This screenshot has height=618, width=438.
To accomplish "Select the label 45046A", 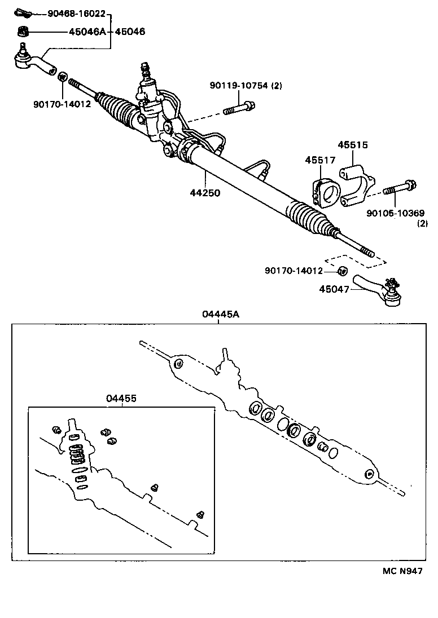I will [87, 32].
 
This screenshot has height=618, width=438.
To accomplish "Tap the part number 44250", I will [205, 192].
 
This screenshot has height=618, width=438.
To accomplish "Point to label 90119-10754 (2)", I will [245, 86].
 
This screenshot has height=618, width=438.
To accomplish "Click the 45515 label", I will [353, 145].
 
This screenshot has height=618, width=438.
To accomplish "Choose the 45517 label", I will [320, 161].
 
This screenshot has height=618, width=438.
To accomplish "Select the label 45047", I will [334, 289].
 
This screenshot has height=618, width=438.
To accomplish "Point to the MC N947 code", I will [402, 571].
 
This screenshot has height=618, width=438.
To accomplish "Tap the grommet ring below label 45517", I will [325, 193].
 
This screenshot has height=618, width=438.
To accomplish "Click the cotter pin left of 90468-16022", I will [22, 12].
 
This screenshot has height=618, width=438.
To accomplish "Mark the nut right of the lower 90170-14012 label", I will [341, 272].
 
